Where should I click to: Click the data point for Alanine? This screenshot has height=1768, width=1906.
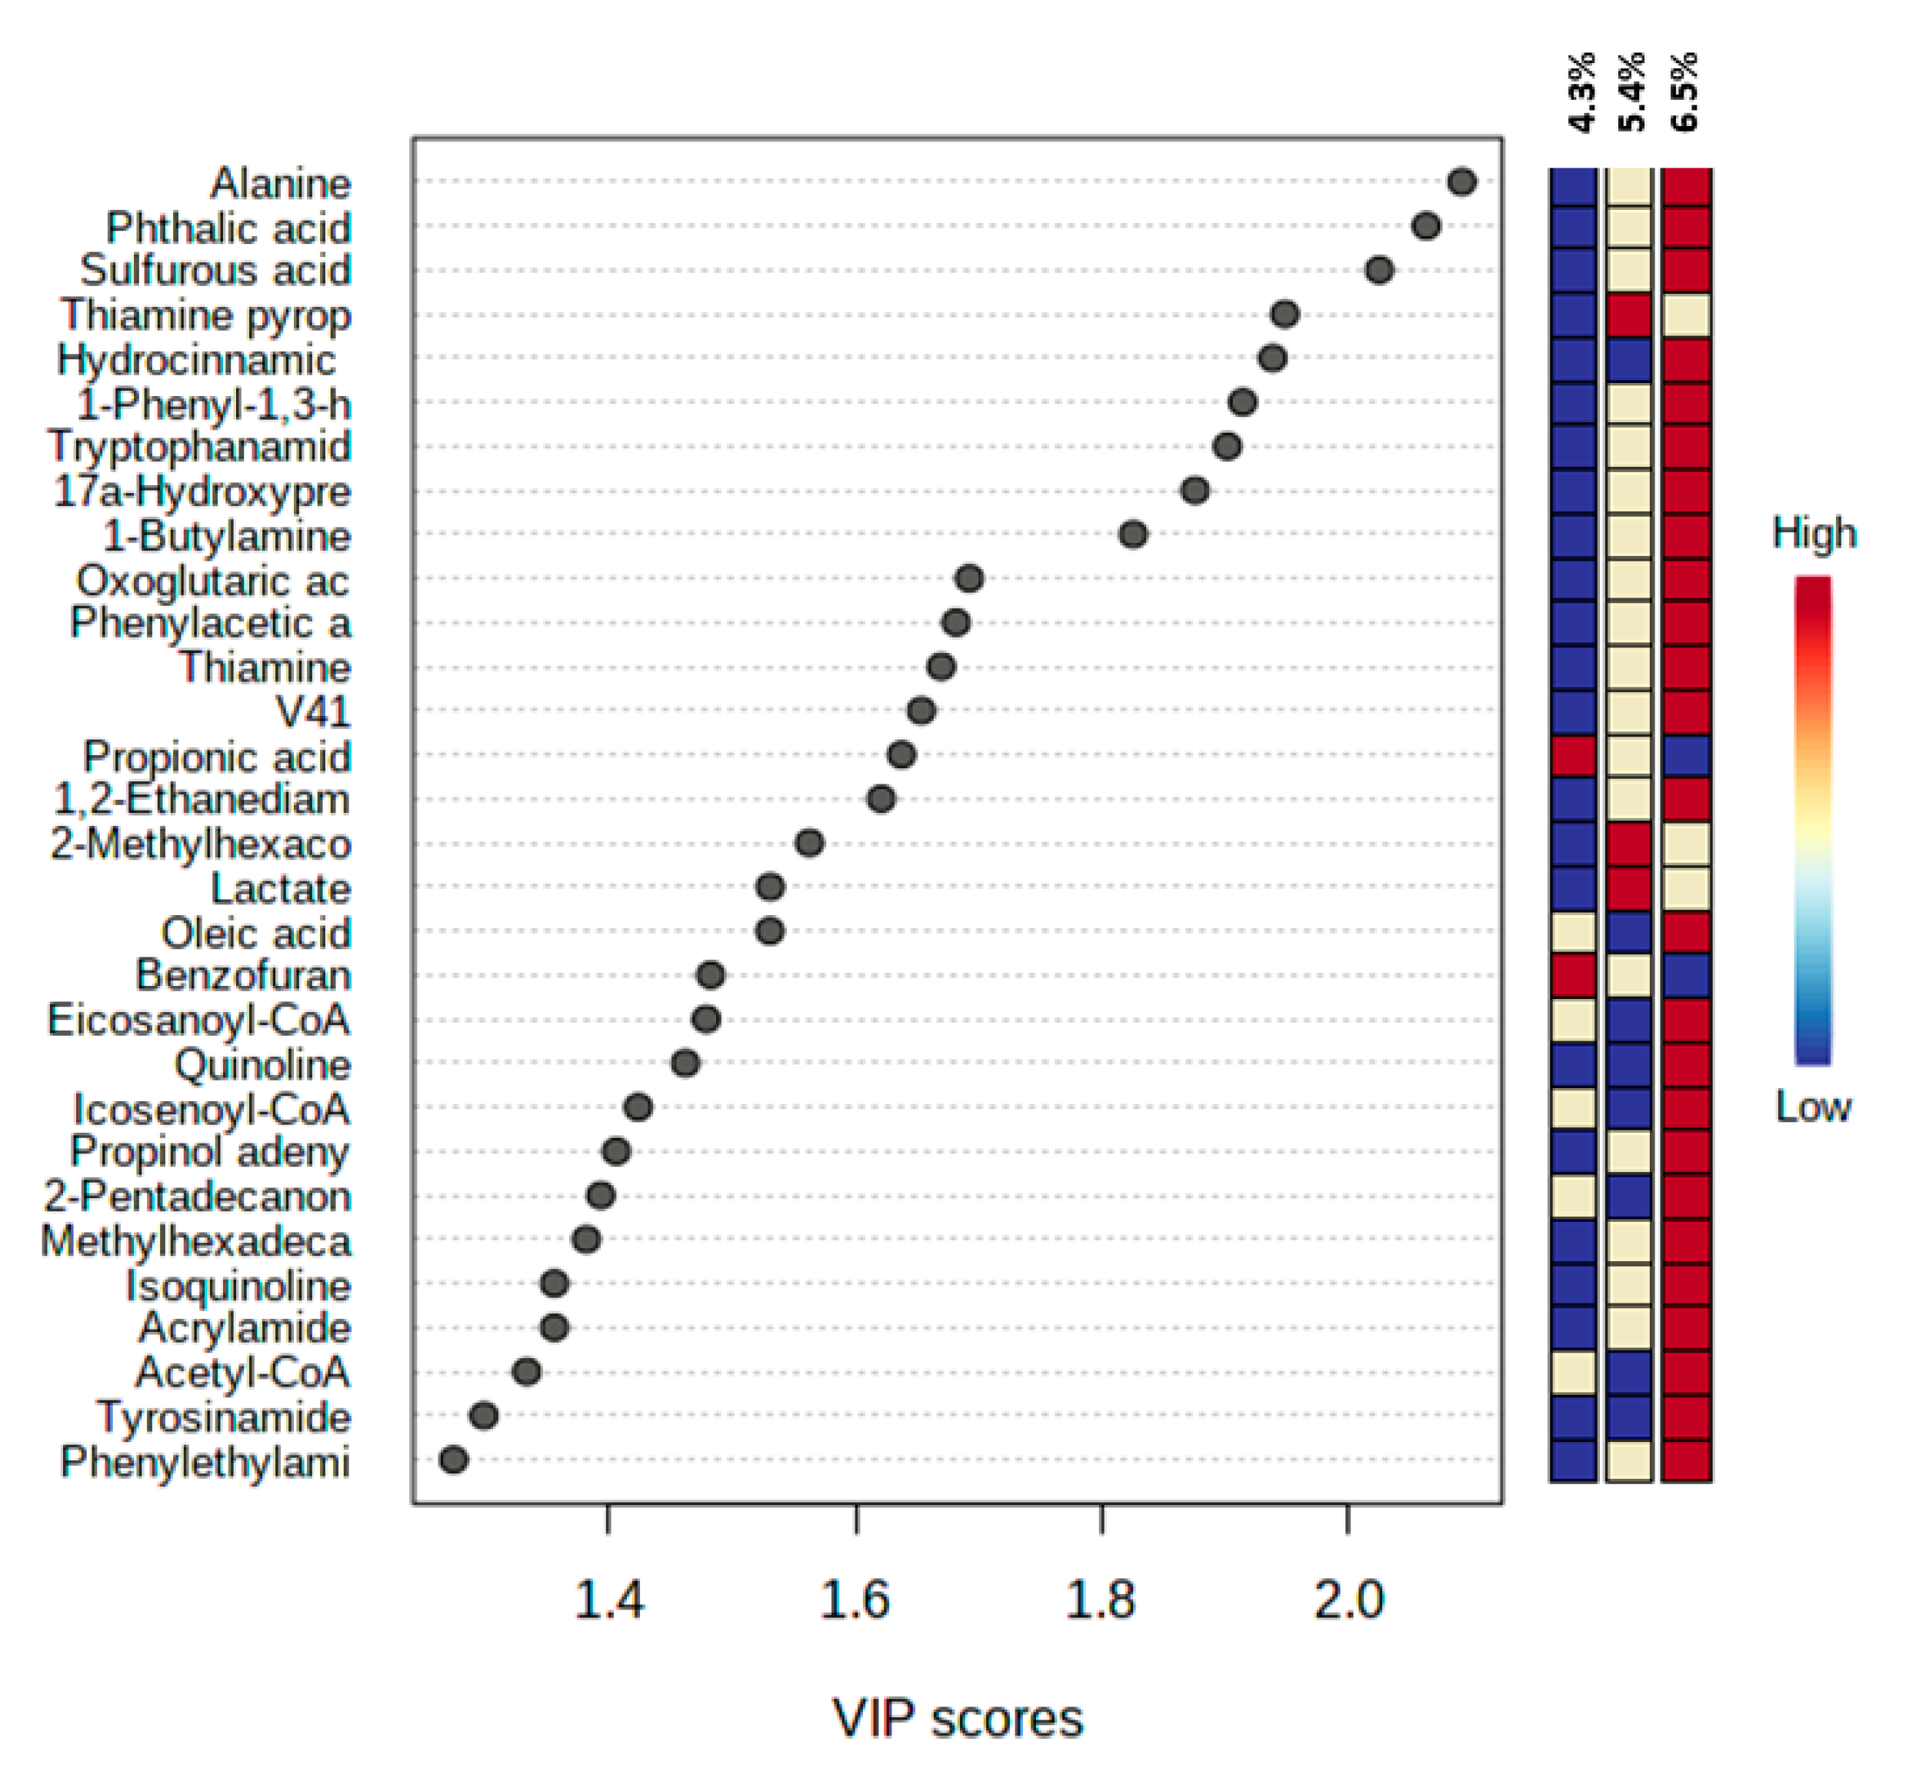(x=1461, y=181)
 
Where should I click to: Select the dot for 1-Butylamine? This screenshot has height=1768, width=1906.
(x=1133, y=534)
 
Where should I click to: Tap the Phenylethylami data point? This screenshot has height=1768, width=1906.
(x=454, y=1460)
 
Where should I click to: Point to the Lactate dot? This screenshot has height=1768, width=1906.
(x=770, y=887)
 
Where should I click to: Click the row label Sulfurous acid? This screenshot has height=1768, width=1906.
(x=215, y=271)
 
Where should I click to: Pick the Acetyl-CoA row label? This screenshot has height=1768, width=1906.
(x=243, y=1372)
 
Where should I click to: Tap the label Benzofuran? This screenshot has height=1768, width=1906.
(x=244, y=976)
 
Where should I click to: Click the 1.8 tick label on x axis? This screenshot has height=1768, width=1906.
(x=1101, y=1599)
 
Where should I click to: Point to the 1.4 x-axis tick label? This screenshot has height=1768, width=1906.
(x=608, y=1599)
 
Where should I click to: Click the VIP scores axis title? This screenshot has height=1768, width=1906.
(x=958, y=1718)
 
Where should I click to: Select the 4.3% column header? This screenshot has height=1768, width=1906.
(x=1583, y=91)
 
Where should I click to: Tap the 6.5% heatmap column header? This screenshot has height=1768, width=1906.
(x=1684, y=91)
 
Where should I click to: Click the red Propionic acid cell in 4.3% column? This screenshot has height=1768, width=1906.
(x=1573, y=756)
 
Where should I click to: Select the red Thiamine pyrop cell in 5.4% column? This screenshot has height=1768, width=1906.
(x=1629, y=315)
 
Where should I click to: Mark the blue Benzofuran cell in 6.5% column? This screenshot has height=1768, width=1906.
(x=1686, y=976)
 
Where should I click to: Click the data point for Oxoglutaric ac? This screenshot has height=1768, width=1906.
(x=969, y=578)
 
